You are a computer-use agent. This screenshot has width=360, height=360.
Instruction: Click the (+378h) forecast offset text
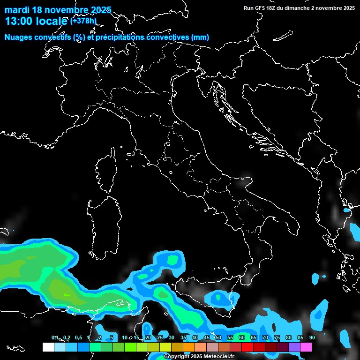pyautogui.click(x=83, y=21)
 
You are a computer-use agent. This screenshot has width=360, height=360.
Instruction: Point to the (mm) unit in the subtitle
pyautogui.click(x=200, y=37)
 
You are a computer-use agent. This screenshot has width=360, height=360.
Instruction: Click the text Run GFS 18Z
pyautogui.click(x=261, y=8)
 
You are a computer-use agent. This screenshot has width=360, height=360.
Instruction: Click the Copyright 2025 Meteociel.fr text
pyautogui.click(x=199, y=356)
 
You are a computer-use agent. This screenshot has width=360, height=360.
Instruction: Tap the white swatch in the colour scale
pyautogui.click(x=48, y=347)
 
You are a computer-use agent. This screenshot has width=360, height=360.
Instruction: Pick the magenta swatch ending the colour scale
pyautogui.click(x=306, y=347)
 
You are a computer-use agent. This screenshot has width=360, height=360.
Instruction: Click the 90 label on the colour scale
pyautogui.click(x=312, y=337)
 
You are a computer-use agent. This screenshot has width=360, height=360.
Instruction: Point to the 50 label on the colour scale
pyautogui.click(x=218, y=337)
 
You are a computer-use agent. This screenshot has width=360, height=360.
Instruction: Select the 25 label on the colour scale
pyautogui.click(x=160, y=337)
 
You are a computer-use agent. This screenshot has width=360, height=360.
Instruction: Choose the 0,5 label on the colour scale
pyautogui.click(x=78, y=337)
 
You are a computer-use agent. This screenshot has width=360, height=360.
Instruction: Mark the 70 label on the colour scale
pyautogui.click(x=265, y=337)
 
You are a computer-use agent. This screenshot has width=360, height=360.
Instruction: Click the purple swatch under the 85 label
pyautogui.click(x=294, y=347)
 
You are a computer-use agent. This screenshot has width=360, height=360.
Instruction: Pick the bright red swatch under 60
pyautogui.click(x=247, y=347)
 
